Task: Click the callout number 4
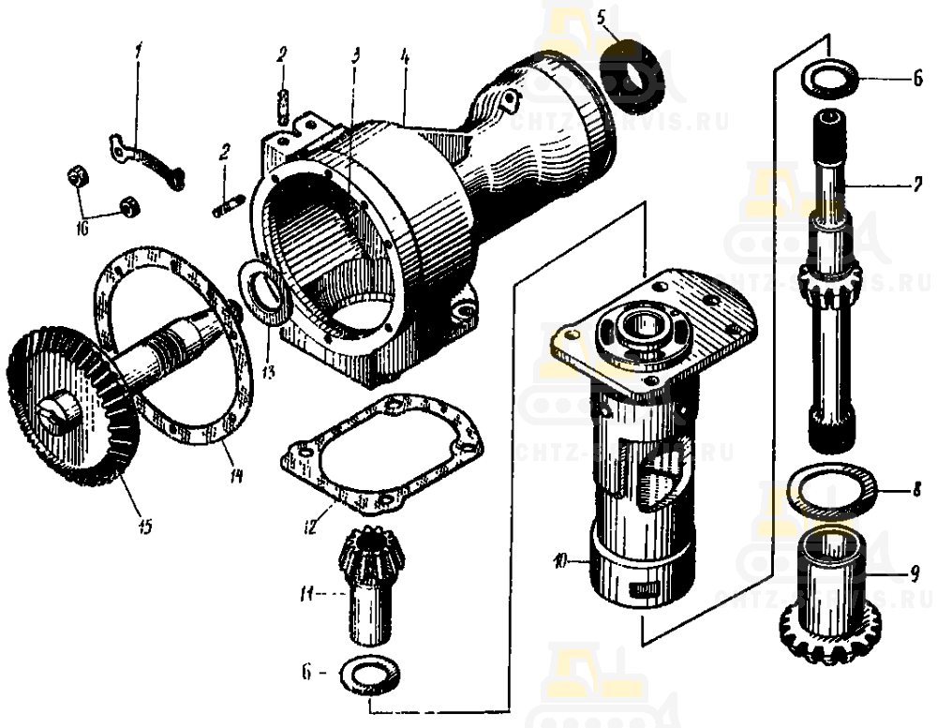405,56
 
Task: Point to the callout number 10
558,562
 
